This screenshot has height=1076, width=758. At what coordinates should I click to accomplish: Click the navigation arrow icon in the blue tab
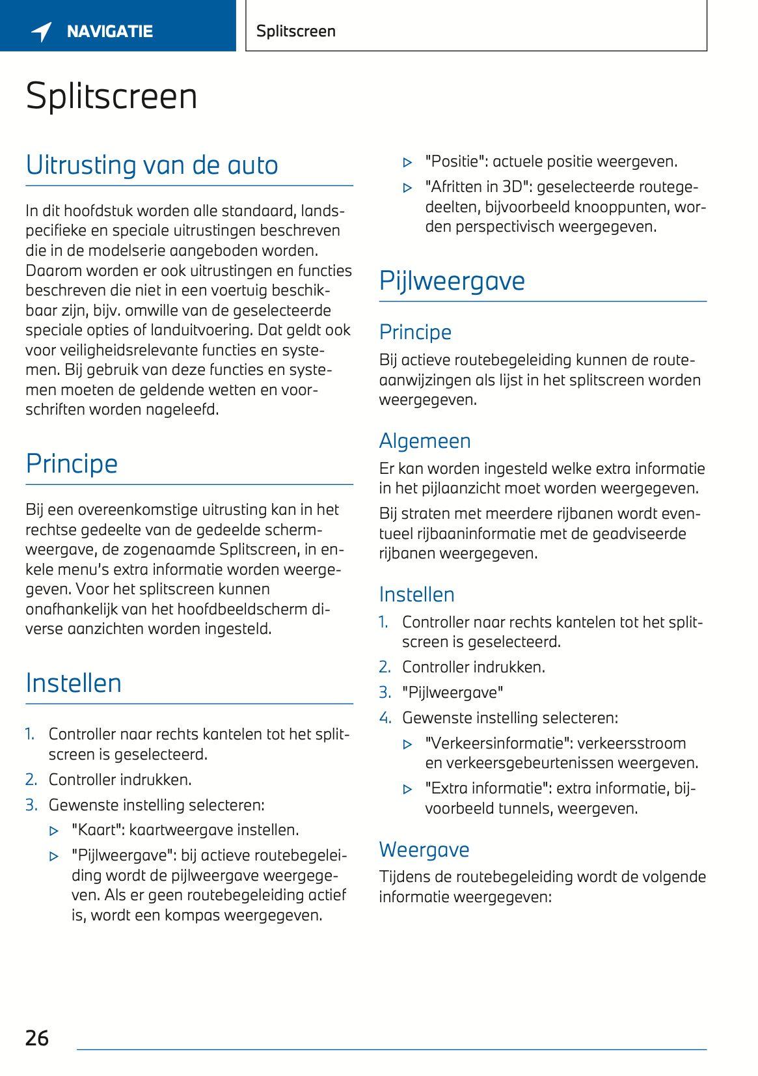[42, 31]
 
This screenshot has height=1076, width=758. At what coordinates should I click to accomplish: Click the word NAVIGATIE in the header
[110, 31]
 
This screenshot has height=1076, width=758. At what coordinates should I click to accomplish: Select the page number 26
[37, 1038]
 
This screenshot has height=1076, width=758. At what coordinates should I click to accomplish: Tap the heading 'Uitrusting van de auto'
[152, 165]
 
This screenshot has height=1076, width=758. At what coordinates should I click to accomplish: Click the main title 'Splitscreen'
[111, 96]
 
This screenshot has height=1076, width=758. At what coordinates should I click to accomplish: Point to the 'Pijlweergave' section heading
[452, 281]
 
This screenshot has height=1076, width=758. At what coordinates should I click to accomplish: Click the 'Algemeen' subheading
[424, 441]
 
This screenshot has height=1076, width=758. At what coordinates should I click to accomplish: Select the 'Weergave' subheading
[424, 849]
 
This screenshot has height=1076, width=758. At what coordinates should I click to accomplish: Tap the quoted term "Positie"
[455, 161]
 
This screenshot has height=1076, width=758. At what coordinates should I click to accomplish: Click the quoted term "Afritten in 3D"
[477, 187]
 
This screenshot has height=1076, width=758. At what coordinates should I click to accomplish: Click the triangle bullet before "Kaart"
[54, 831]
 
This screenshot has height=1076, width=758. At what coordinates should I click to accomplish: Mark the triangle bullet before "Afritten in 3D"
[408, 188]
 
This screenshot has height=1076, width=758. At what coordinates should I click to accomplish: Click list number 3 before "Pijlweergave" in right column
[385, 693]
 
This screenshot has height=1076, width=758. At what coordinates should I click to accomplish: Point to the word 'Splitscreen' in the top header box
[296, 31]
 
